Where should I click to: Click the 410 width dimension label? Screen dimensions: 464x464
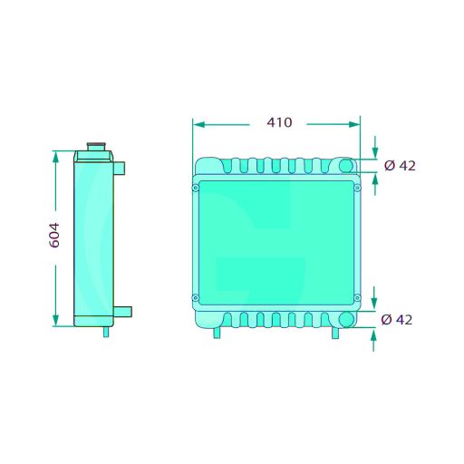tap(279, 122)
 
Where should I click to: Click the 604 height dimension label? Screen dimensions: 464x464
tap(54, 236)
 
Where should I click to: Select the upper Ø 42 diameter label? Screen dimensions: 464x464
tap(400, 166)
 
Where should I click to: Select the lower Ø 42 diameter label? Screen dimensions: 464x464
tap(397, 320)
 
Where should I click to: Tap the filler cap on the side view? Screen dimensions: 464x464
tap(96, 147)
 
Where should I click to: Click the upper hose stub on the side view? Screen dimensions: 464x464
tap(119, 169)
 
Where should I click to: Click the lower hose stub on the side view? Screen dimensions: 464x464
tap(122, 312)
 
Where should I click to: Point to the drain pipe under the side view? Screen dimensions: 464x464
tap(106, 332)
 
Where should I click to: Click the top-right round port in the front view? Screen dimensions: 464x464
tap(346, 166)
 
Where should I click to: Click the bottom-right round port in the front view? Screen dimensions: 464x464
tap(346, 319)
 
